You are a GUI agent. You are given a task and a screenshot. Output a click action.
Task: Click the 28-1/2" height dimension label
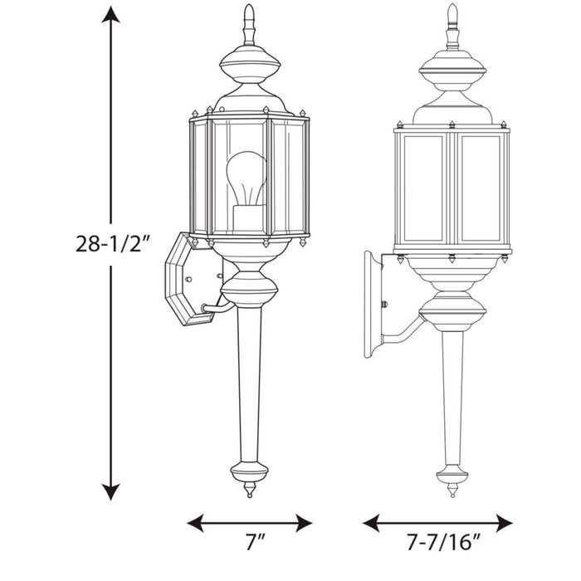coord(112,245)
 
